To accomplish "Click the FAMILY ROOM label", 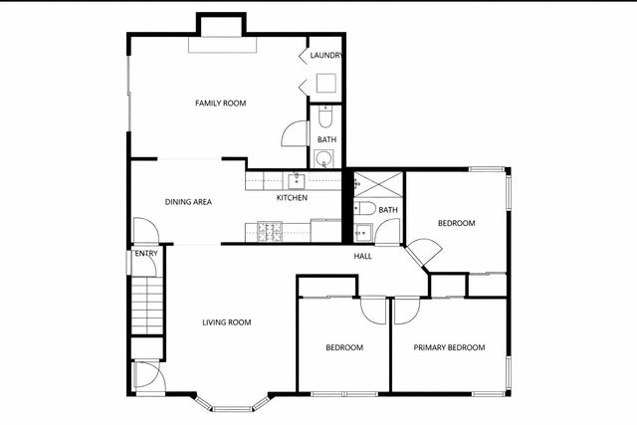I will pyautogui.click(x=220, y=104).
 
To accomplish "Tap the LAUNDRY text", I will pyautogui.click(x=326, y=56).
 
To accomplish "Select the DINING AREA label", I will pyautogui.click(x=188, y=202).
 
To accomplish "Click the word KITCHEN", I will pyautogui.click(x=292, y=197).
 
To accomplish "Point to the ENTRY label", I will pyautogui.click(x=146, y=254).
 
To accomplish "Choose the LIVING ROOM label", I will pyautogui.click(x=226, y=321).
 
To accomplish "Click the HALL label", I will pyautogui.click(x=363, y=256).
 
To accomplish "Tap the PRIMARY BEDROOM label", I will pyautogui.click(x=449, y=347).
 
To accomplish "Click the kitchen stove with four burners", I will pyautogui.click(x=270, y=231).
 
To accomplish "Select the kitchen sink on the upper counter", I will pyautogui.click(x=296, y=181).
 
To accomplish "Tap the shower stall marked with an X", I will pyautogui.click(x=378, y=184).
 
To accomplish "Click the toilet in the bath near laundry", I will pyautogui.click(x=325, y=117).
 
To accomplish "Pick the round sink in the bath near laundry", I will pyautogui.click(x=325, y=158).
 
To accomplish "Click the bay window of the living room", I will pyautogui.click(x=233, y=404).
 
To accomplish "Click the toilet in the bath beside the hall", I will pyautogui.click(x=365, y=209).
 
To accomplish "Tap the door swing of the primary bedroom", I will pyautogui.click(x=407, y=311).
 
